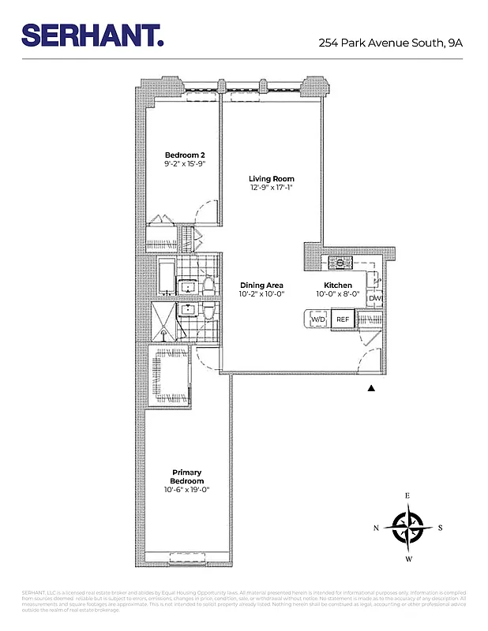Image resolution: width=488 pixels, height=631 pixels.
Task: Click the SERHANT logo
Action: point(92,35)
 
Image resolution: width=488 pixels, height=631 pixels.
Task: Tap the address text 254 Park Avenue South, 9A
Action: point(390,43)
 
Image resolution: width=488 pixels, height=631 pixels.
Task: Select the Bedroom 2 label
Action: point(184,155)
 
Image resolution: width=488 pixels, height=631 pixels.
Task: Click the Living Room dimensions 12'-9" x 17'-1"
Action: point(272,189)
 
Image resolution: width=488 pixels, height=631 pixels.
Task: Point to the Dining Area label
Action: point(261,286)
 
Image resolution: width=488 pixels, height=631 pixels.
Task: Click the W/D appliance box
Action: point(317,319)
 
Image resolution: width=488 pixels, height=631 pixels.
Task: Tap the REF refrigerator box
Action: point(343,319)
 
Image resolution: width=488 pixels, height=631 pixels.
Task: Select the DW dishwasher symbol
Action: point(375,298)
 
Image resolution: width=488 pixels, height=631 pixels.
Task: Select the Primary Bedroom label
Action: point(187,477)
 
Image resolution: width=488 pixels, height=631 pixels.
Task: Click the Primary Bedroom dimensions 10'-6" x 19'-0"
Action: point(187,490)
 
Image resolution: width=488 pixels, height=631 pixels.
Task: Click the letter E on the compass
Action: point(408,495)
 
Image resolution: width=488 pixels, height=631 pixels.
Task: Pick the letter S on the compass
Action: point(440,528)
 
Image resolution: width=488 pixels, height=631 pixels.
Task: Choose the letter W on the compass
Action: point(408,559)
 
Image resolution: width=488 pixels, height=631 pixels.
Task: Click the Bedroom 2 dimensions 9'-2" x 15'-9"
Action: point(184,164)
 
